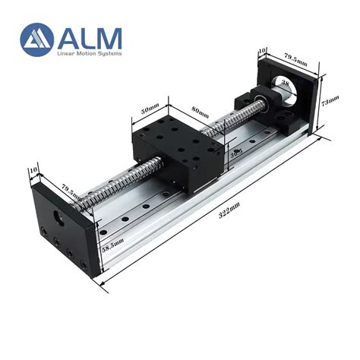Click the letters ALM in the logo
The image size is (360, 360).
pos(90,36)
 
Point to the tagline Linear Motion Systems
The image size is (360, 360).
pos(89,53)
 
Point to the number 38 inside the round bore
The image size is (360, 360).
pos(286,83)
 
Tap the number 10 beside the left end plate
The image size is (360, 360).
pos(32,170)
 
